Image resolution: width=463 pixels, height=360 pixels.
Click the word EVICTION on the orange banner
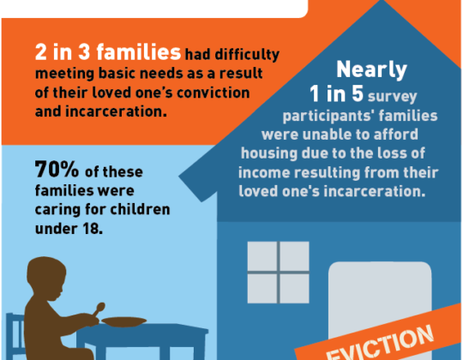380,343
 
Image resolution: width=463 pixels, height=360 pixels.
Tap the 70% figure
57,170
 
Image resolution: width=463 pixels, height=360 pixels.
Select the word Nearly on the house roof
372,69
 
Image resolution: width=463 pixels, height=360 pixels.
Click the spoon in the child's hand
99,309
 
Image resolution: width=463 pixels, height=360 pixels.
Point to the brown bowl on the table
124,321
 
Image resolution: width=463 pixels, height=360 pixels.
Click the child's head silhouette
46,279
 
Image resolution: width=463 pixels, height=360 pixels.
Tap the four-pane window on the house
278,273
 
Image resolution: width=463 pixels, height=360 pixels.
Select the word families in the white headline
139,52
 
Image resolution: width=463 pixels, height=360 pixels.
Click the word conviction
213,93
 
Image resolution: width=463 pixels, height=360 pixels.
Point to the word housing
268,154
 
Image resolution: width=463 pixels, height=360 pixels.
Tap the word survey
392,97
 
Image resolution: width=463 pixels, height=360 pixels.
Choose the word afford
396,135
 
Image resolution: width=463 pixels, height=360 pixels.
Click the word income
264,172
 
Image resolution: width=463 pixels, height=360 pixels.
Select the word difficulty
247,55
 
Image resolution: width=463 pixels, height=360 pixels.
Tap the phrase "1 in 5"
336,93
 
